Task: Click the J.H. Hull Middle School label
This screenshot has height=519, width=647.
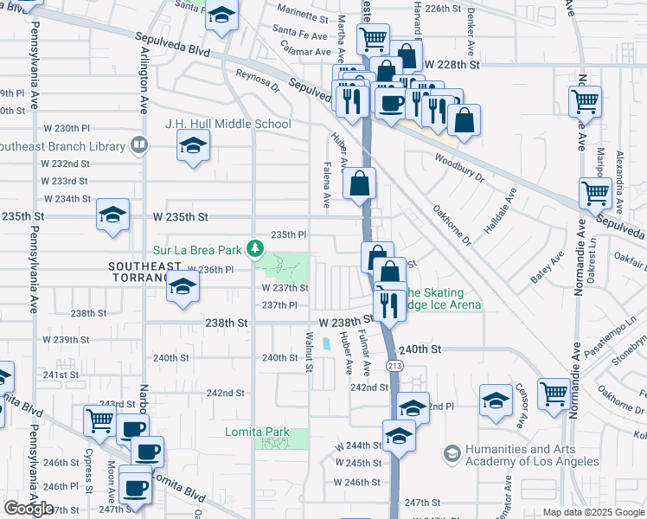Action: (x=228, y=124)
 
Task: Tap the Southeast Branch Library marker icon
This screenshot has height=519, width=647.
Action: (x=138, y=144)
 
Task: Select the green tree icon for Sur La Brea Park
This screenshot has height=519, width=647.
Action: (x=255, y=249)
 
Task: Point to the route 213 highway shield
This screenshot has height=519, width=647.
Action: (x=394, y=367)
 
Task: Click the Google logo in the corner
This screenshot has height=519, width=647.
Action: (x=29, y=509)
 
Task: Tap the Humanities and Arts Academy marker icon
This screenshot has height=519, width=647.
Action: (x=452, y=453)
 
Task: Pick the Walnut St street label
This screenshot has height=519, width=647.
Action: (x=308, y=351)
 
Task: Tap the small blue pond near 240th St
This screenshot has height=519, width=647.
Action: (x=325, y=343)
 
